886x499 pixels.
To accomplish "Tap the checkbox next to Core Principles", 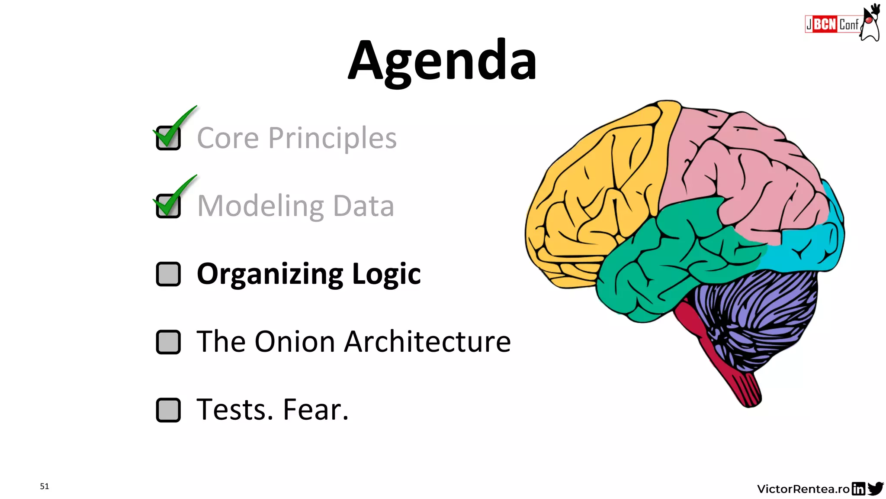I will (x=168, y=138).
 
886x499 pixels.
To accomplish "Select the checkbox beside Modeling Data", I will (x=168, y=206).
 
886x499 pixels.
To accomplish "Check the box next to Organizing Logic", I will (x=168, y=274).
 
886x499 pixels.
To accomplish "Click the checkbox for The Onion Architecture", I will (x=168, y=342).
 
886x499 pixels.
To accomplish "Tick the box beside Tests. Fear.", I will (x=168, y=410).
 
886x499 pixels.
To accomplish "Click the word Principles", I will (x=332, y=139).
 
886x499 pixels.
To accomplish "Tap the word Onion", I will (x=295, y=342).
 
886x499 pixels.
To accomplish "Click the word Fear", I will (x=315, y=410).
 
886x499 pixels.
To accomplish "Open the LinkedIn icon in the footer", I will (x=858, y=489).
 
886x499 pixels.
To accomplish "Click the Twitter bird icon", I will (x=875, y=489).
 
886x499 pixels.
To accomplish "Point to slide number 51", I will (x=45, y=486).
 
